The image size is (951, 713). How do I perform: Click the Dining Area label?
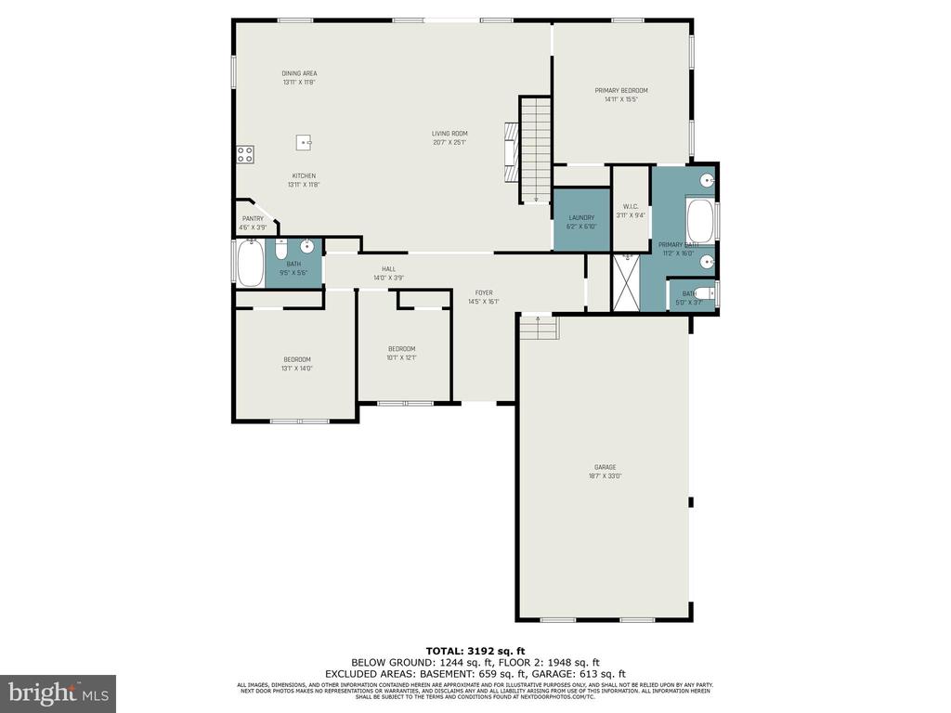point(300,73)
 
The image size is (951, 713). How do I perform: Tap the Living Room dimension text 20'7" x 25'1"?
point(449,142)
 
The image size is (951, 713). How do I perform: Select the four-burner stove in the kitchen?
point(245,155)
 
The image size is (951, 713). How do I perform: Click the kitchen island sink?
point(304,142)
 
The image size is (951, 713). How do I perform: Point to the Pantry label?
point(254,219)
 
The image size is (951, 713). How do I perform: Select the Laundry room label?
point(581,218)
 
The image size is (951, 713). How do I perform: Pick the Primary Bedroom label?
point(621,90)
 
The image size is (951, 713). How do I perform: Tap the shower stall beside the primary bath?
point(627,282)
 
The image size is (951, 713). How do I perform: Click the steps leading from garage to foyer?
point(538,328)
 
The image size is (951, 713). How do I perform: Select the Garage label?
point(605,467)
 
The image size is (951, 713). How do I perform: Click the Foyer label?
point(484,292)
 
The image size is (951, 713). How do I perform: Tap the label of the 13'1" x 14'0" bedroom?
point(297,359)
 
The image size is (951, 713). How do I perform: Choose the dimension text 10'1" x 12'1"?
point(401,357)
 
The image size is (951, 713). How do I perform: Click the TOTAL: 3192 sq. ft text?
point(475,650)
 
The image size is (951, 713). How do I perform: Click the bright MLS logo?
point(58,692)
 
